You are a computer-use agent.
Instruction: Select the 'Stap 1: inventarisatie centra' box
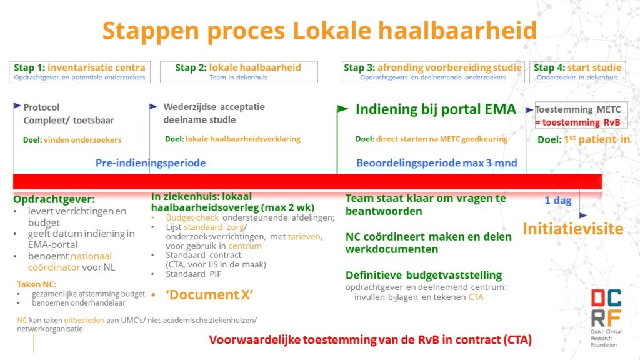[x=79, y=72]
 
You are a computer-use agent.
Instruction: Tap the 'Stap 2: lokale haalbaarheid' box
[x=238, y=72]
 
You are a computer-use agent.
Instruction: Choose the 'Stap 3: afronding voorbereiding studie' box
[x=432, y=72]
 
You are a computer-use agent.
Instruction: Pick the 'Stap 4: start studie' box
[x=577, y=72]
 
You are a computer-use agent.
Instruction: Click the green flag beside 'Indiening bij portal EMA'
[x=342, y=109]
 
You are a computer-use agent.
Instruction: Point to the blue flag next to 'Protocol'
[x=17, y=106]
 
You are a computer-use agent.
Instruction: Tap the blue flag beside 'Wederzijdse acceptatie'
[x=153, y=106]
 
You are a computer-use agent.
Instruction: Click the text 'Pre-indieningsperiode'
[x=151, y=163]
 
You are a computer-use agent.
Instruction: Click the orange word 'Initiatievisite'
[x=573, y=229]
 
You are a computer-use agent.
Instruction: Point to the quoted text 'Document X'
[x=205, y=294]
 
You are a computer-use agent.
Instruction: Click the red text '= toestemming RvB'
[x=577, y=122]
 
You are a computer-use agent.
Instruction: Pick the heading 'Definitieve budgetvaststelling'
[x=423, y=275]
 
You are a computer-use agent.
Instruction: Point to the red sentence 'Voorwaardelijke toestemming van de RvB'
[x=370, y=341]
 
